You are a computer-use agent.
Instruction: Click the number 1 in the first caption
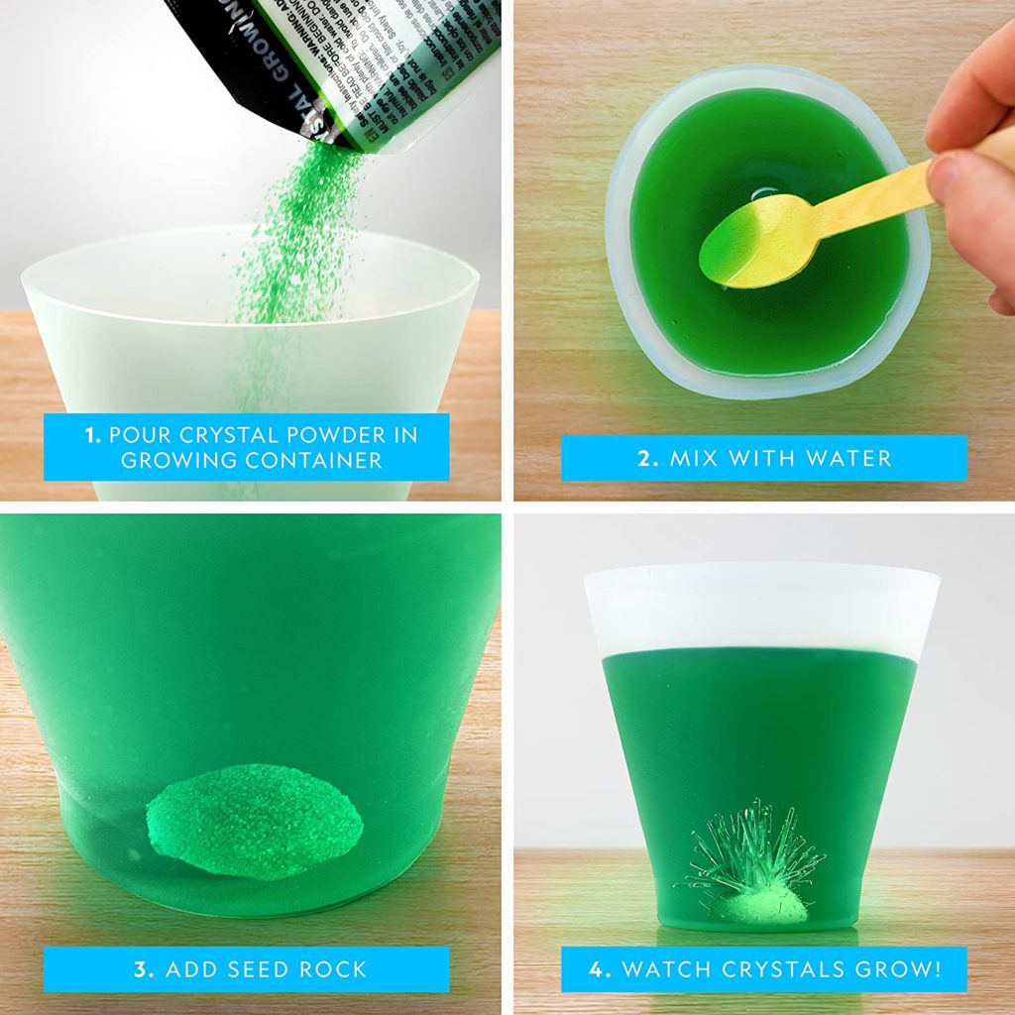click(x=90, y=434)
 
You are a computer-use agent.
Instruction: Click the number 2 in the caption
click(x=644, y=458)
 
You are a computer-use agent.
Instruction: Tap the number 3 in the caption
click(x=141, y=968)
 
